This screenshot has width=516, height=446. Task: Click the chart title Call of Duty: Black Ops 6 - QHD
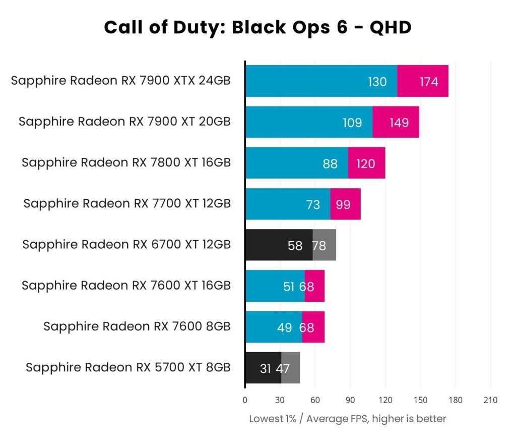257,27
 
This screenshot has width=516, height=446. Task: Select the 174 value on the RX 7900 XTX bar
429,82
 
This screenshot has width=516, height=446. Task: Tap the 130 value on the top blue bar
377,82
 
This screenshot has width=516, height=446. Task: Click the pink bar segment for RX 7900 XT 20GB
396,122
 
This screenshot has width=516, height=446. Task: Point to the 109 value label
352,123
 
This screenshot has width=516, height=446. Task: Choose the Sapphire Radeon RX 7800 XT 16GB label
126,162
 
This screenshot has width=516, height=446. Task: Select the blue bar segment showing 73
287,204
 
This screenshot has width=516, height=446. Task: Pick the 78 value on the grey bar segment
319,246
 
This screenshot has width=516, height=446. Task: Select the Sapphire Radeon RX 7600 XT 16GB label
126,286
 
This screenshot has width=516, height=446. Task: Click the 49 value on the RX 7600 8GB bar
285,327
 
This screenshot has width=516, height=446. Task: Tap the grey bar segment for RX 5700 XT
291,368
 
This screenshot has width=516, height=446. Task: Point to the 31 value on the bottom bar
266,368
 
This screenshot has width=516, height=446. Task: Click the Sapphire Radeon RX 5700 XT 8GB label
128,367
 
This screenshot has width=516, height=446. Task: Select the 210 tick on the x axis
490,400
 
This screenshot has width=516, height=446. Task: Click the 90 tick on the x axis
350,400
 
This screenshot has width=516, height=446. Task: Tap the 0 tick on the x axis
245,400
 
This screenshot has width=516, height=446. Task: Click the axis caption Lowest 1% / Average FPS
348,419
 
